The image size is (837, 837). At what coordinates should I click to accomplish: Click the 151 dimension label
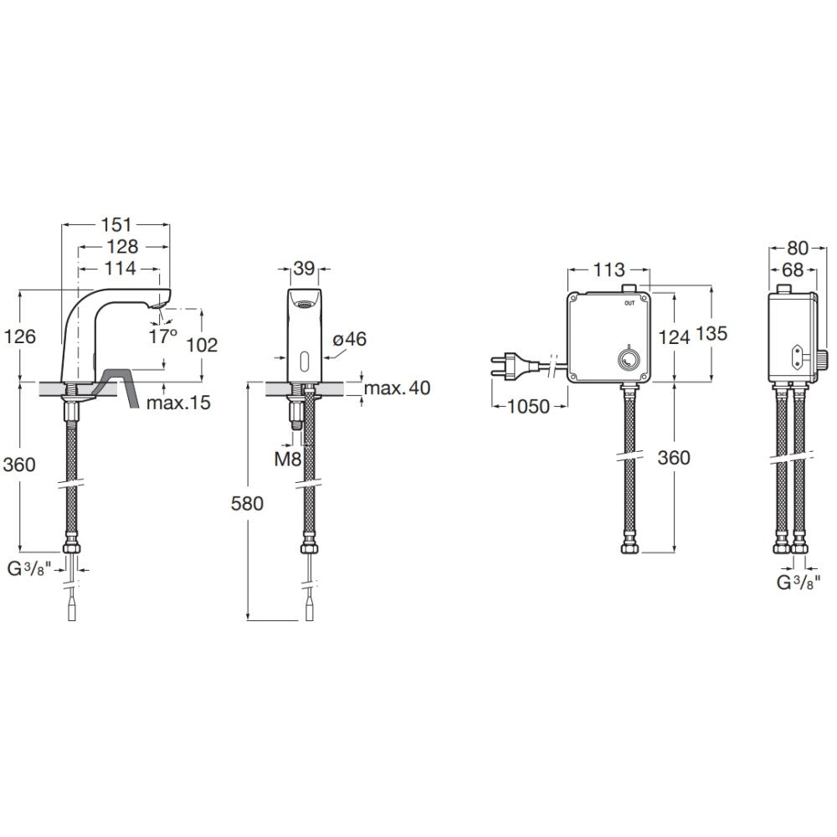point(116,224)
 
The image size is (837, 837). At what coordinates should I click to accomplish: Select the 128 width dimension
point(123,247)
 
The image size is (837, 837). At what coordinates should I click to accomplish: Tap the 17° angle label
point(163,336)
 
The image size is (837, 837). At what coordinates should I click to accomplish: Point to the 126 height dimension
point(20,336)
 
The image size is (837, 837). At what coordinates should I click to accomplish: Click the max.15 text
point(178,403)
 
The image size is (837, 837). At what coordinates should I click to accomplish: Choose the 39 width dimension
point(304,268)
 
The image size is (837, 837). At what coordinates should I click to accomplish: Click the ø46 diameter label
point(349,339)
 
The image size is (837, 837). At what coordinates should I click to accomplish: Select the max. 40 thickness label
point(398,388)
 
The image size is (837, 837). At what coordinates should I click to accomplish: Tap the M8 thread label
point(288,459)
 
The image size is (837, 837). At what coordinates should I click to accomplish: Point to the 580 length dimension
point(247,503)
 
